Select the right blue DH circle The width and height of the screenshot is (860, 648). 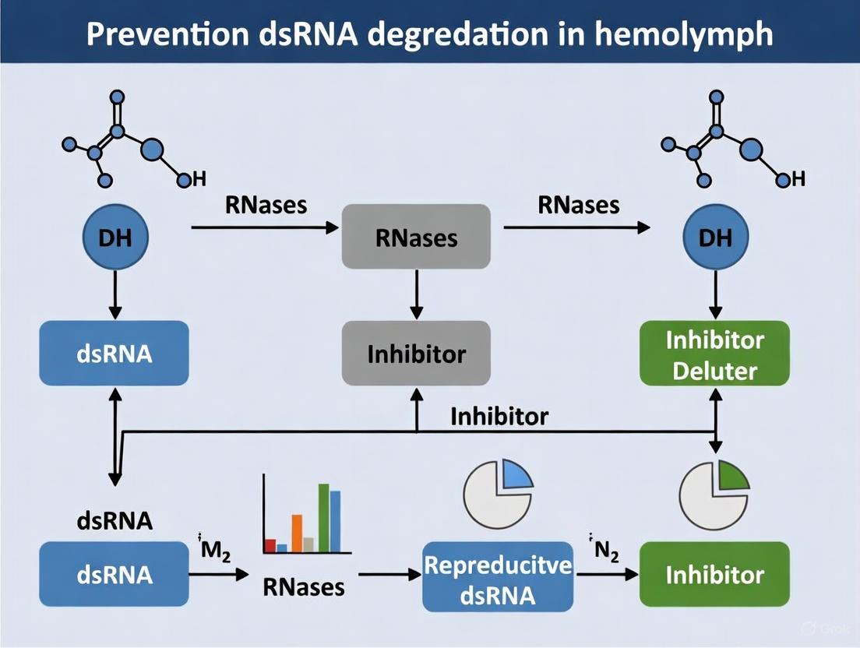coord(715,238)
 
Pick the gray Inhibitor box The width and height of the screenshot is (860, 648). coord(416,354)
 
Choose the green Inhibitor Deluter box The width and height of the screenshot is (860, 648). coord(714,354)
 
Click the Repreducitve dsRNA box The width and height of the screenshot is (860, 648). coord(497,576)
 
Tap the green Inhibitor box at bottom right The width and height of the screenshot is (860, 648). coord(714,576)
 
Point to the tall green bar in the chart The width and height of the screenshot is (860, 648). coord(323,518)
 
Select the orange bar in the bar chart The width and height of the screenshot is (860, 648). coord(296,534)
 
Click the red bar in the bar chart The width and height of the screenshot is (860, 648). coord(270,545)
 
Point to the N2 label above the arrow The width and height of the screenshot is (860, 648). coord(605,548)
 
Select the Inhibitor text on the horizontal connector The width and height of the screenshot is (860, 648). coord(499,415)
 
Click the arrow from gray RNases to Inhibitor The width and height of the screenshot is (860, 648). coord(416,294)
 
